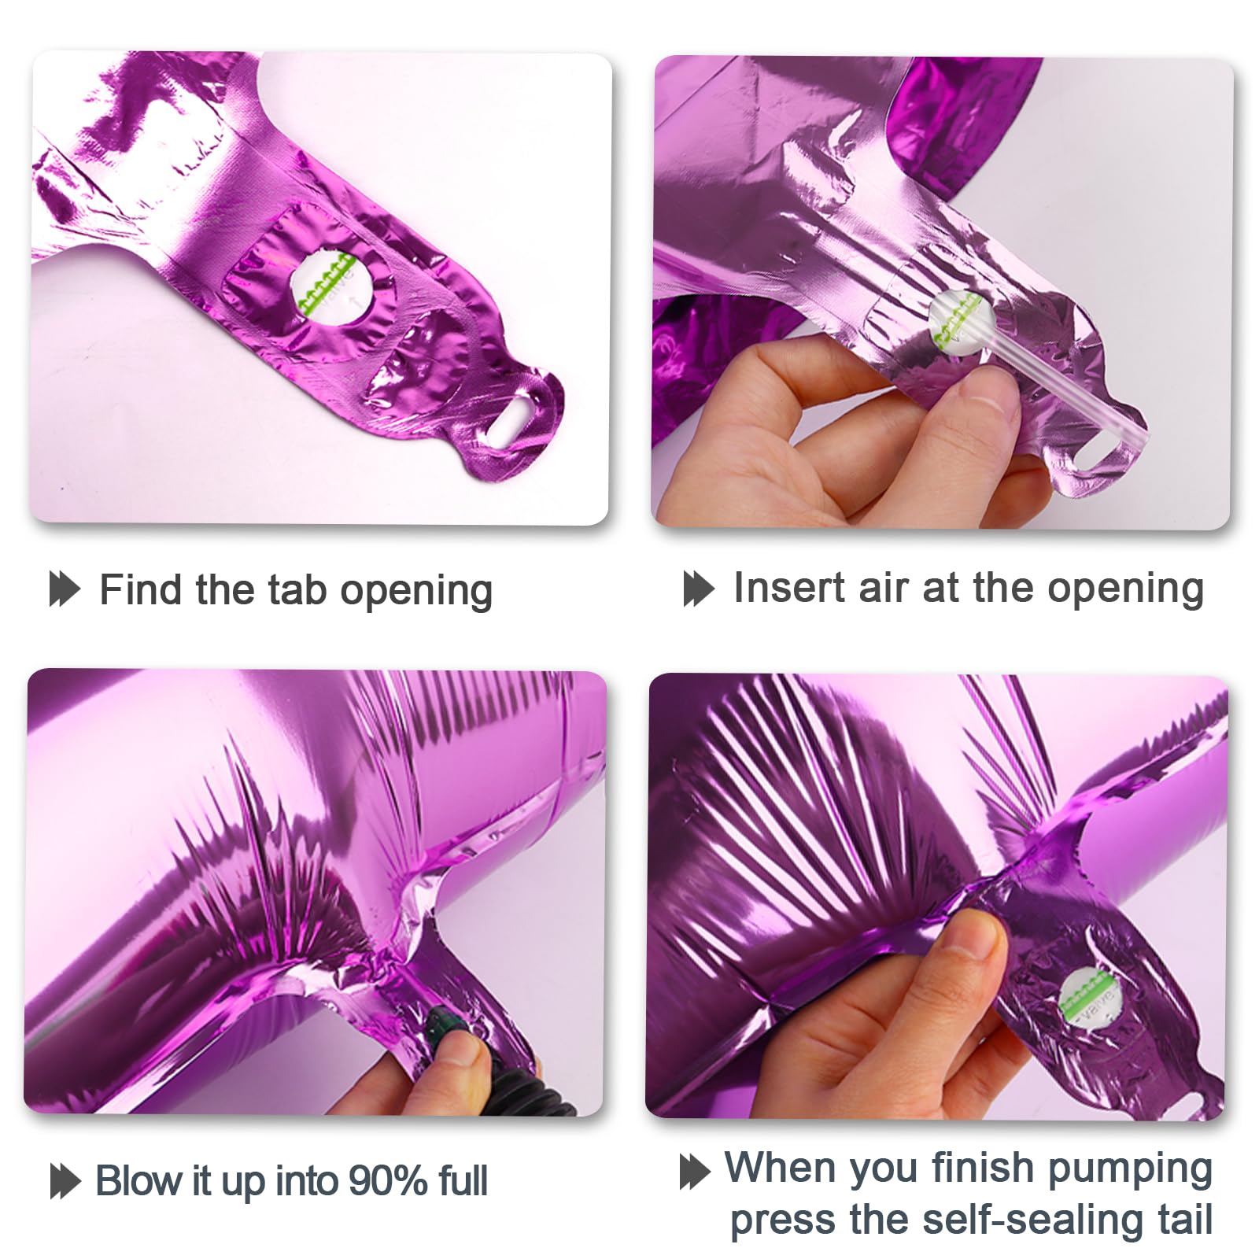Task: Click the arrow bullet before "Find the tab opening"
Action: (65, 589)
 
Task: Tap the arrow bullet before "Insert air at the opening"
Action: (699, 589)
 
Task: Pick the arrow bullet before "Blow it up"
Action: (65, 1181)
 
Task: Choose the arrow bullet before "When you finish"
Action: (695, 1172)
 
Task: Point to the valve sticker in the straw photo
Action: (956, 322)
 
